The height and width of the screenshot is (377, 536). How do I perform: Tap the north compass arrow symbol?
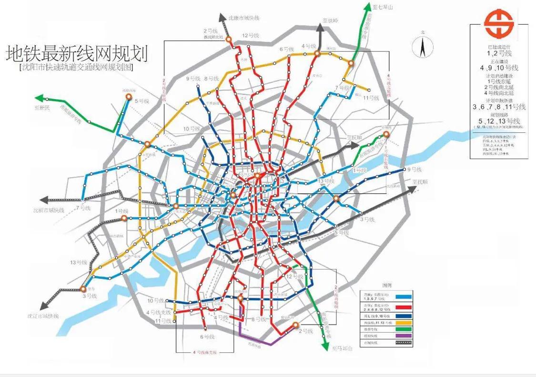tap(422, 47)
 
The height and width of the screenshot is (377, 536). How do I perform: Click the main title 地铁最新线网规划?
tap(77, 53)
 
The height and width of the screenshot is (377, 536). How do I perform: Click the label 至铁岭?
tap(330, 20)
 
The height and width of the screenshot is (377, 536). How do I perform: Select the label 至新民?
tap(42, 109)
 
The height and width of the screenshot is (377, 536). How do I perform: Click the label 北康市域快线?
tap(243, 18)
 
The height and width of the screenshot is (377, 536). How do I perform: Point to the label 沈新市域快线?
tap(49, 209)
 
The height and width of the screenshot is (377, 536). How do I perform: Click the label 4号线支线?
tap(158, 312)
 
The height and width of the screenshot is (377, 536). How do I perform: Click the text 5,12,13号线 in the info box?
tap(498, 121)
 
